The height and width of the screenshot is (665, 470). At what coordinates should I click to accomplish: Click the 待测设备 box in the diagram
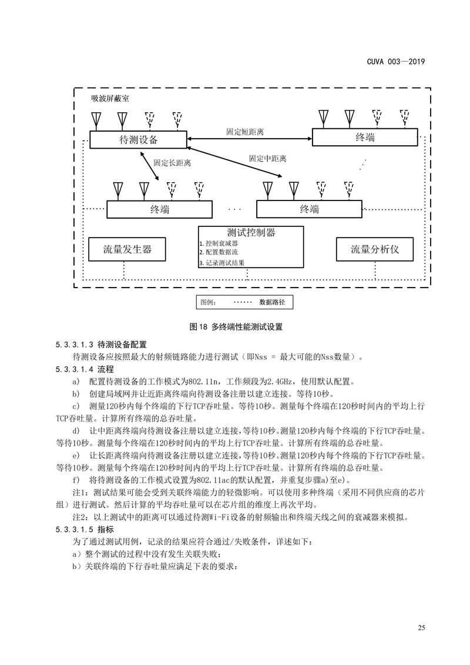[139, 139]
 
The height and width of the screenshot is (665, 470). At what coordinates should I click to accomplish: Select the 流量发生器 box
[127, 249]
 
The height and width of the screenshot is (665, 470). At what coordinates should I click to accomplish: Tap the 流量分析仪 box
[374, 249]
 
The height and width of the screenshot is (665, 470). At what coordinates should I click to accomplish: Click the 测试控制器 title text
[251, 233]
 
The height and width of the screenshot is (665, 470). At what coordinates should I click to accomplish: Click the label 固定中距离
[267, 159]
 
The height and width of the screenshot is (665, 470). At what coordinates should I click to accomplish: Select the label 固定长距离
[172, 162]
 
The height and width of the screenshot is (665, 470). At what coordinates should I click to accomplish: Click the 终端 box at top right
[365, 137]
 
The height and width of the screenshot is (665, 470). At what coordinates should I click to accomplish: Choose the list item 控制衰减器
[221, 243]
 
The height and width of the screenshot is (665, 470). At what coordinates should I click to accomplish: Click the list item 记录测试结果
[224, 263]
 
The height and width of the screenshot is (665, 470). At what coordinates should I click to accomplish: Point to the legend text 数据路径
[272, 302]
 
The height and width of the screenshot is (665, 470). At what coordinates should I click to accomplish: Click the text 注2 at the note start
[79, 517]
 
